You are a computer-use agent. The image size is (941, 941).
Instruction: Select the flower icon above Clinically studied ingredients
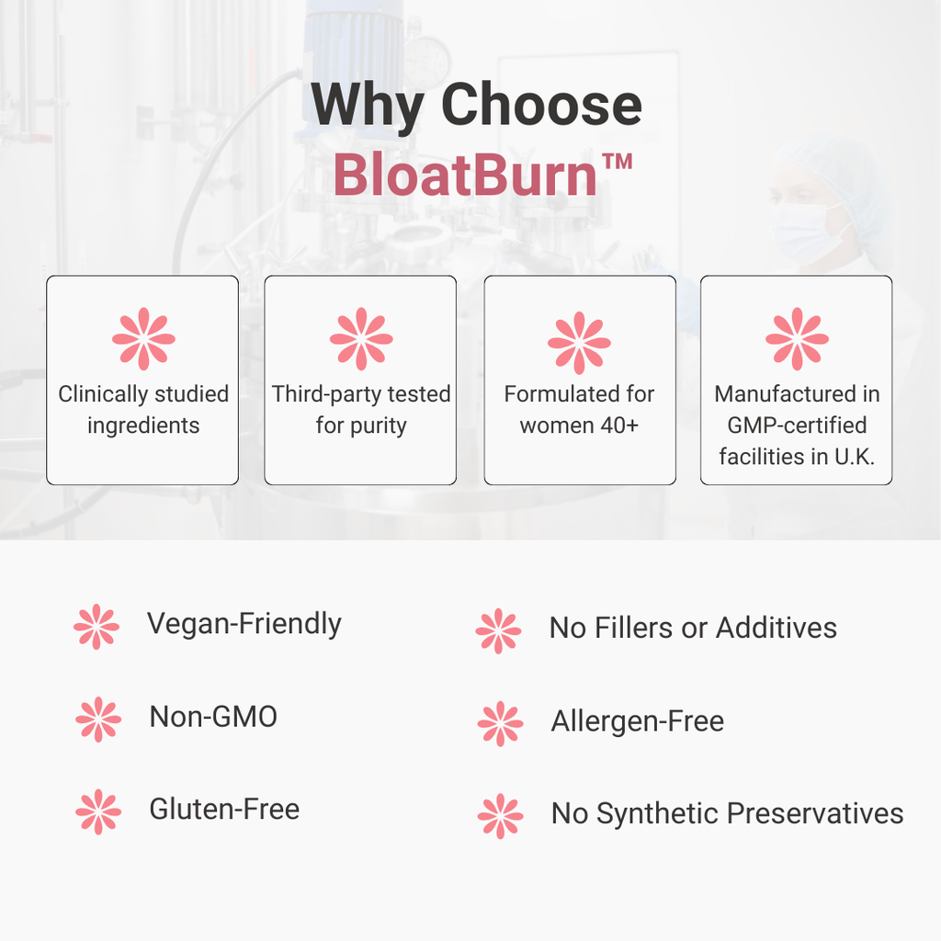(x=143, y=339)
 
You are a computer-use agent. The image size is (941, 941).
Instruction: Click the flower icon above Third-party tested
(x=361, y=339)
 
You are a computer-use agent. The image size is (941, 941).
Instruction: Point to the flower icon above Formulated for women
(x=579, y=342)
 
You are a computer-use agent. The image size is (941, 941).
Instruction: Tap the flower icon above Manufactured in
(x=797, y=339)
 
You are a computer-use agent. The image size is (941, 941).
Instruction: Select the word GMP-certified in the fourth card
(x=797, y=425)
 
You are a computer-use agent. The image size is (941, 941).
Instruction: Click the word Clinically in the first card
(x=99, y=394)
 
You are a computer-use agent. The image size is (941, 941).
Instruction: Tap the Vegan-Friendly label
(x=244, y=623)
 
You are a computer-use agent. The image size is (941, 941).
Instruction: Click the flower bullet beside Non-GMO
(x=98, y=720)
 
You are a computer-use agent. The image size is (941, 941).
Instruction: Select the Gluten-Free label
(x=224, y=810)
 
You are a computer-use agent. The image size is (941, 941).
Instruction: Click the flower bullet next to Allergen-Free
(x=500, y=724)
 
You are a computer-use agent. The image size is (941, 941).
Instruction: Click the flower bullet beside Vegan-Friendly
(x=96, y=627)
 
